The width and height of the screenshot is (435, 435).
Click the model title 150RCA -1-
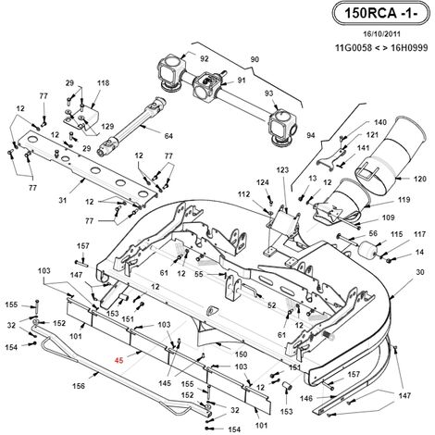380,13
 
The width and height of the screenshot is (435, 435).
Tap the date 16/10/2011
381,34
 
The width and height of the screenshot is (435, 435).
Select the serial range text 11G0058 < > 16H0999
381,48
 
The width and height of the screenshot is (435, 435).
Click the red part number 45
119,360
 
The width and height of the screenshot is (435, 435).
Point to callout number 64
168,136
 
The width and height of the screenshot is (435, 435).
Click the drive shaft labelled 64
132,127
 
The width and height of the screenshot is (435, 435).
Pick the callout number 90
255,59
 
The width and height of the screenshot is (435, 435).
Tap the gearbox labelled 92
172,72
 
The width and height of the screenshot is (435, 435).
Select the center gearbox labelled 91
207,84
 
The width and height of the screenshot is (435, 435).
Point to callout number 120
420,179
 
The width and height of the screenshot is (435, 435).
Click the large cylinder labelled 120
391,155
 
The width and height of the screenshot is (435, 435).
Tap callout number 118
103,82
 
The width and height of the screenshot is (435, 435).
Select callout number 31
63,200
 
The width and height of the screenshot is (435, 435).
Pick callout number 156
79,386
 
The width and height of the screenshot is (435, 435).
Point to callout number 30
420,272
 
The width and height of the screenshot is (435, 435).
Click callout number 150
241,354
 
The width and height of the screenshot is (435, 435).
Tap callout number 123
282,169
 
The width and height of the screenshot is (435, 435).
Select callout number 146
306,398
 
